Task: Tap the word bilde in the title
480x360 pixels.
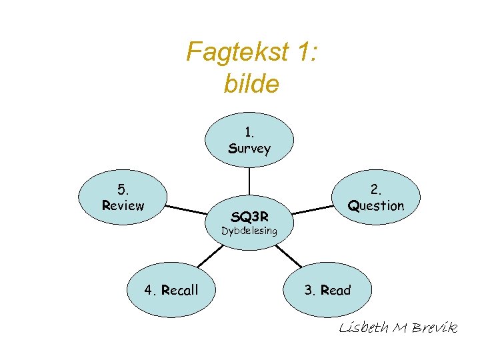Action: tap(252, 85)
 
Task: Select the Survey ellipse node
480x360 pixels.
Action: tap(249, 139)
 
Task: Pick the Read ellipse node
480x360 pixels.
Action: tap(327, 289)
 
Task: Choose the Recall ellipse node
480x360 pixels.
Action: tap(171, 289)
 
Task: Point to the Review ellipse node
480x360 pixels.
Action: tap(123, 197)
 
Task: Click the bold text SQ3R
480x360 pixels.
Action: tap(249, 216)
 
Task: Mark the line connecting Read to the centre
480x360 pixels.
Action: tap(288, 255)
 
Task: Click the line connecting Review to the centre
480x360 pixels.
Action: tap(187, 209)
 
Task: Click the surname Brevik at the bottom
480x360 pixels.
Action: tap(435, 328)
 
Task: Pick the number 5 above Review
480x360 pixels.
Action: tap(123, 189)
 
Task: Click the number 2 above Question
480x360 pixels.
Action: tap(376, 189)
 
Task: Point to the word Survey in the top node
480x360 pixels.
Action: tap(249, 148)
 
